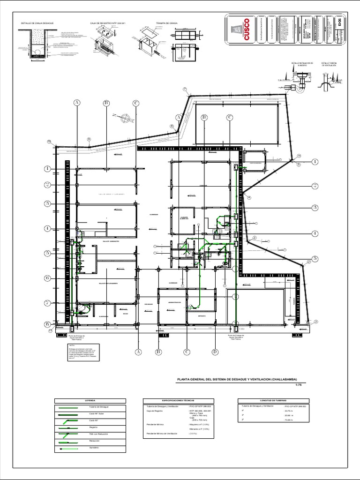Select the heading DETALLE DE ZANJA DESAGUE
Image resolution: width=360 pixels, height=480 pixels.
[38, 22]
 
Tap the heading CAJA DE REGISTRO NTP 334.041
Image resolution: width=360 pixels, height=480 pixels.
[108, 22]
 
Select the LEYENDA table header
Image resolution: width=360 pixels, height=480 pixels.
[90, 400]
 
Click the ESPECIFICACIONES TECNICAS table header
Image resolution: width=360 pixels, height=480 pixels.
[178, 400]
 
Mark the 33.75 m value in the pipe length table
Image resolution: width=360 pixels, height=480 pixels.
[289, 411]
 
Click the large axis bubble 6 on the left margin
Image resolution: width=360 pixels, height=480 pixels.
[47, 278]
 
